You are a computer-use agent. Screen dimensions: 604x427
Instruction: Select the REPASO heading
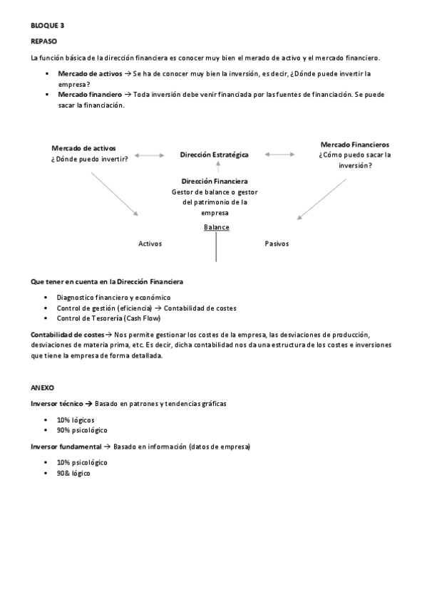coord(43,41)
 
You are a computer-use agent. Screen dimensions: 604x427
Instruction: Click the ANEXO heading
coord(43,387)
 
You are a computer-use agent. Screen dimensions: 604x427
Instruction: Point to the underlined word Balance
coord(217,226)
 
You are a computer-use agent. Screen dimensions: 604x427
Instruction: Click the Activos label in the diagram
coord(150,244)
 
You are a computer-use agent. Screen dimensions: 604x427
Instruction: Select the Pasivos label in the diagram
coord(277,244)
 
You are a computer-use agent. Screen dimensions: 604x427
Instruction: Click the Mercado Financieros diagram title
coord(354,144)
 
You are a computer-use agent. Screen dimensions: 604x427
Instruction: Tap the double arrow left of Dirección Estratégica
coord(150,154)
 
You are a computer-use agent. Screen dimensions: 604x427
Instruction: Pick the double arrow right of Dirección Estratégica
coord(280,154)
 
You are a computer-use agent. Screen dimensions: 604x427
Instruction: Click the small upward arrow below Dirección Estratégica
coord(215,167)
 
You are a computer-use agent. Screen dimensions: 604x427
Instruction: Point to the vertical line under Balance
coord(215,246)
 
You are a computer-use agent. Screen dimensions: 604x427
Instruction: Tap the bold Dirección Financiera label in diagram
coord(215,181)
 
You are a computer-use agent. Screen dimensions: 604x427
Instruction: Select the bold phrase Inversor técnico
coord(58,404)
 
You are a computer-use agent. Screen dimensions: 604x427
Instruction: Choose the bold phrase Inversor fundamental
coord(66,447)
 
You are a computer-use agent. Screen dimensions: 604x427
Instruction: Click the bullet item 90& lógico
coord(73,473)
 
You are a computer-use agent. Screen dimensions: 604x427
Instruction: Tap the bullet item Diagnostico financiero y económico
coord(113,298)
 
